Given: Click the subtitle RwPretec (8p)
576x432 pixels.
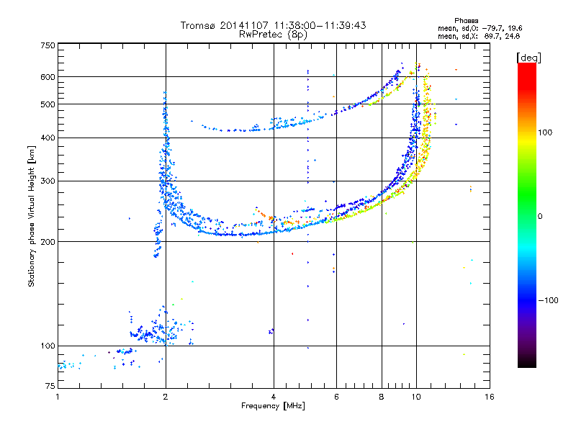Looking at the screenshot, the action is click(x=273, y=35).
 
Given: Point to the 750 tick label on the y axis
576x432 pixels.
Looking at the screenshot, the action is click(x=48, y=45).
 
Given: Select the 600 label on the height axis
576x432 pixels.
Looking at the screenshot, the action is click(x=48, y=77).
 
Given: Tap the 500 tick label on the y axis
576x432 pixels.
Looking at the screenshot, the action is click(x=48, y=104).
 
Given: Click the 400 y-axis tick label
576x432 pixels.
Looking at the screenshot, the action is click(x=48, y=138).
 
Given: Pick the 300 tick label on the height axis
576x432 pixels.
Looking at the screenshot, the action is click(x=48, y=181).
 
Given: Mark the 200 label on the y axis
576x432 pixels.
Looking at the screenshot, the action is click(x=48, y=242).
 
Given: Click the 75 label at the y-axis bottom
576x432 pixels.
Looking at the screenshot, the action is click(x=50, y=386).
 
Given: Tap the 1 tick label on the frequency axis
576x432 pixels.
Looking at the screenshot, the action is click(x=58, y=397).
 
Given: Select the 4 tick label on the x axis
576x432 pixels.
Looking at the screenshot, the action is click(x=274, y=397).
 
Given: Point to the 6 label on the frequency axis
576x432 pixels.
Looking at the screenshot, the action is click(x=336, y=397).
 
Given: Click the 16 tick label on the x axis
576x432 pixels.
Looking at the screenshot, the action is click(x=490, y=397).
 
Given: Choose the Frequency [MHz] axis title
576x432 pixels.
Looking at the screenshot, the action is click(x=273, y=406).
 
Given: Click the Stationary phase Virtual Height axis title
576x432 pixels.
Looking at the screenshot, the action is click(x=31, y=217).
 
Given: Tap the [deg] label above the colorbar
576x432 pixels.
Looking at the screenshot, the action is click(x=528, y=58).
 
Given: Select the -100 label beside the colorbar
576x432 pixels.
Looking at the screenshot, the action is click(x=548, y=300).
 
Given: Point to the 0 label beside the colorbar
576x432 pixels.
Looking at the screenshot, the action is click(x=540, y=216).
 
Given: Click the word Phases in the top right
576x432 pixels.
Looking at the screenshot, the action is click(x=466, y=21).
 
